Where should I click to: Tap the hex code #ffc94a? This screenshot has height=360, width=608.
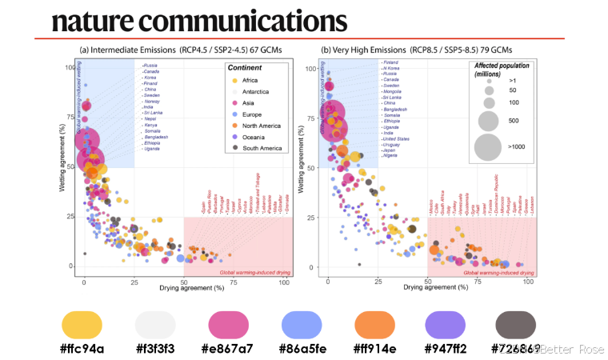[x=83, y=349]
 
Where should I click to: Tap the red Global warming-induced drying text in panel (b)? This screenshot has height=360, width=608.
[x=498, y=273]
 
